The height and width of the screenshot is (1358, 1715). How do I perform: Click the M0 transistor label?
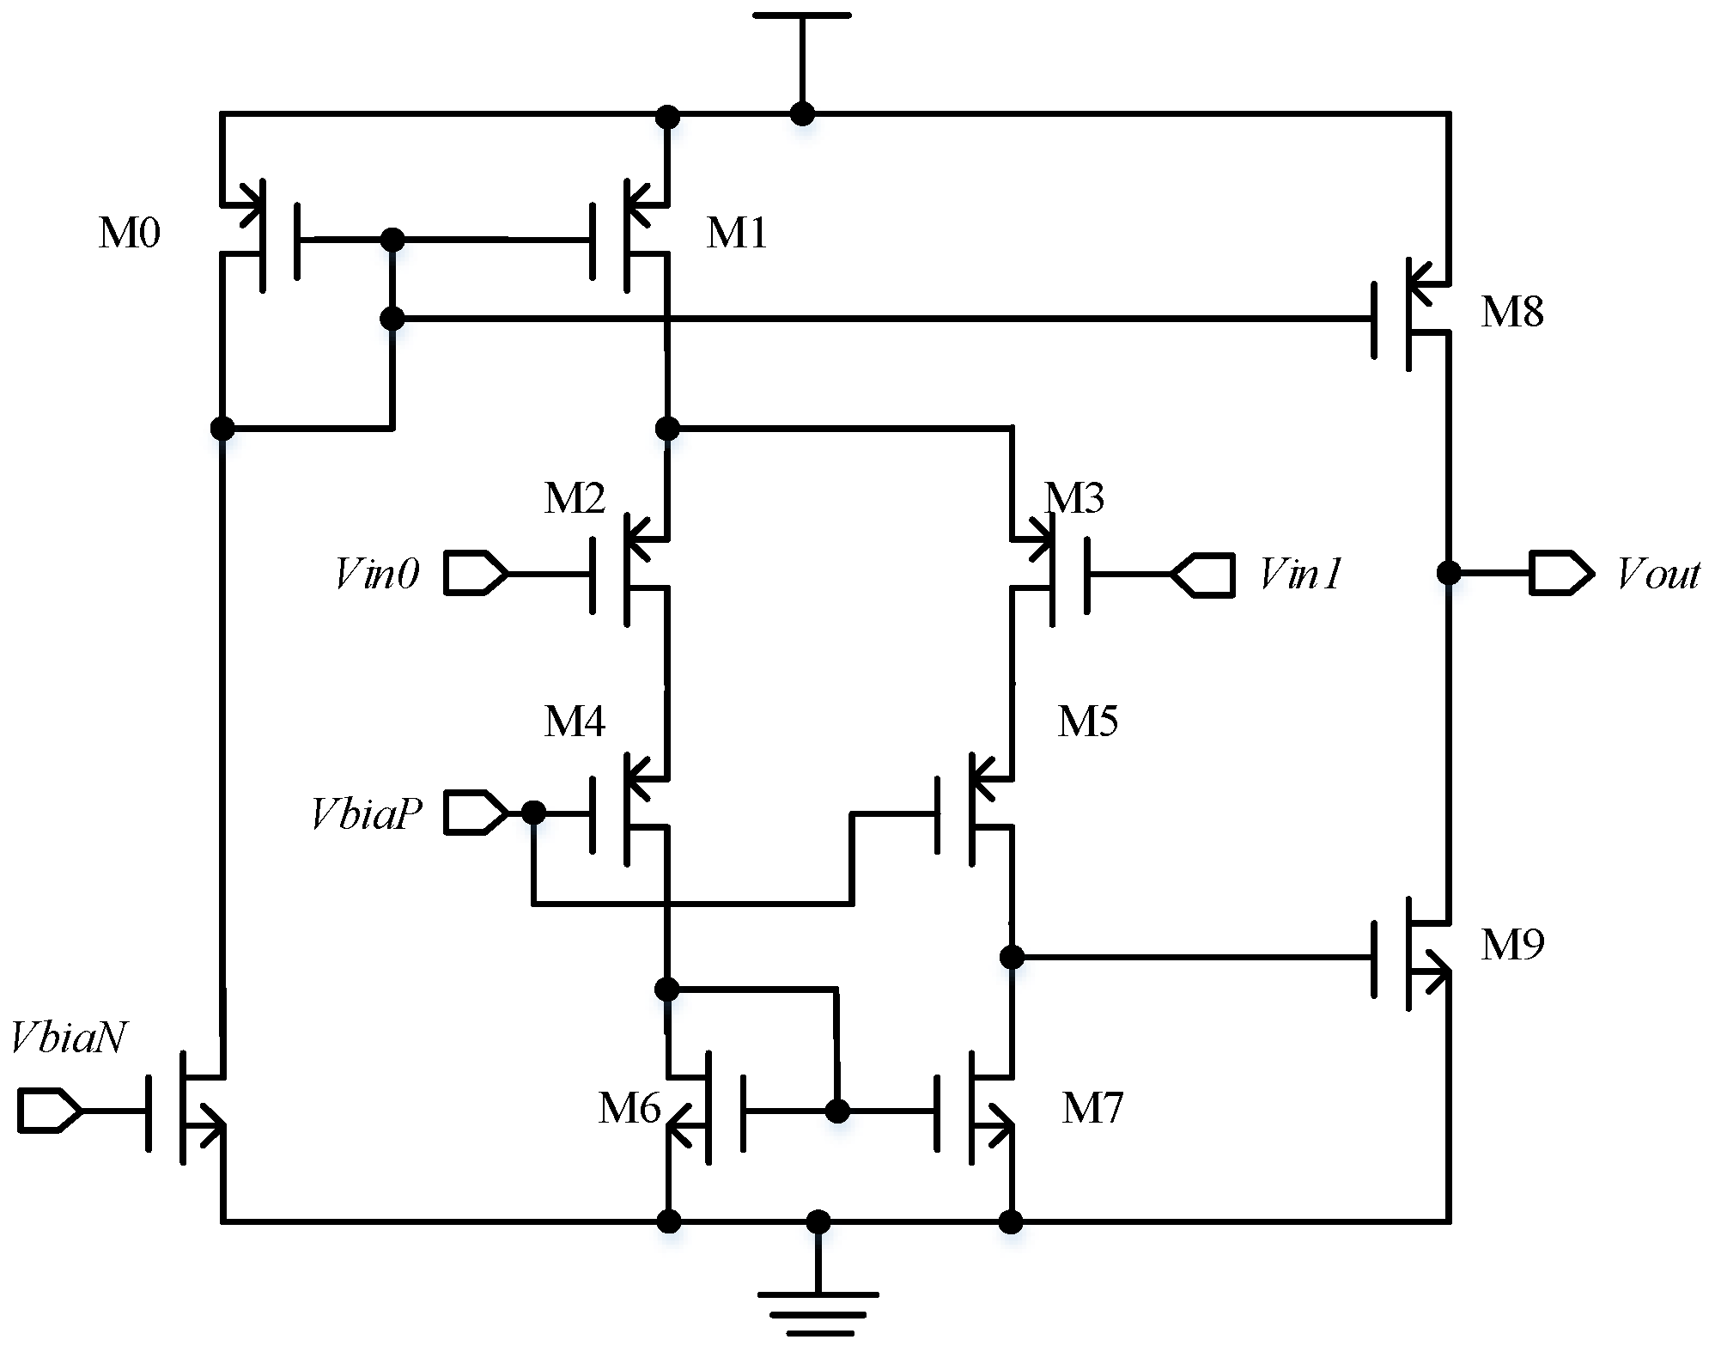(x=129, y=233)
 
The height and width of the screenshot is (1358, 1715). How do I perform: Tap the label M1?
(x=736, y=233)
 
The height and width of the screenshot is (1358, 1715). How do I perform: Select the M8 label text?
(x=1511, y=311)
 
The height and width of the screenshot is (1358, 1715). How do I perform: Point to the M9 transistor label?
(x=1511, y=944)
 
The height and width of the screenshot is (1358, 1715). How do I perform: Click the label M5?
(x=1087, y=722)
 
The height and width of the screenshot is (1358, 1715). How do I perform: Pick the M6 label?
(x=629, y=1108)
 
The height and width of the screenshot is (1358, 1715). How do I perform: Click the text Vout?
(x=1657, y=574)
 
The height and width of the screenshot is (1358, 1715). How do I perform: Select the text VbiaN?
(x=69, y=1038)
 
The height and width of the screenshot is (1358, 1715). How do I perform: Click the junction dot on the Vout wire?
(x=1449, y=572)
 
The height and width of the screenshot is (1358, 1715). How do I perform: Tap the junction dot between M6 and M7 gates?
(x=836, y=1111)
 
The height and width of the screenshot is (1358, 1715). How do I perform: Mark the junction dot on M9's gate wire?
(x=1013, y=956)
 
